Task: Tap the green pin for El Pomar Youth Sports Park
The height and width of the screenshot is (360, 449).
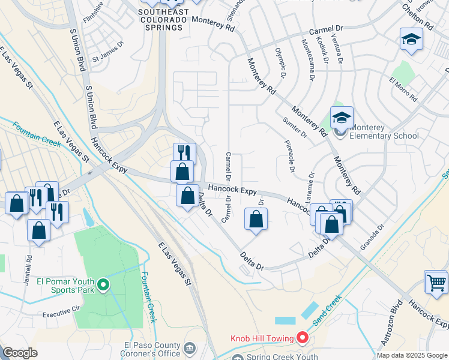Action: coord(103,284)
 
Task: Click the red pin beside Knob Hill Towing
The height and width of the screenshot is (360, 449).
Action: coord(303,338)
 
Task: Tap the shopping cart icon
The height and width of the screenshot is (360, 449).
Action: coord(436,281)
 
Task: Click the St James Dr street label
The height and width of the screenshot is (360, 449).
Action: coord(107,60)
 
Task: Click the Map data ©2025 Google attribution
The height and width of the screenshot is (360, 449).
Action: coord(412,355)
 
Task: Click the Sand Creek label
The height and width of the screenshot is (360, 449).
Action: coord(327,308)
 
